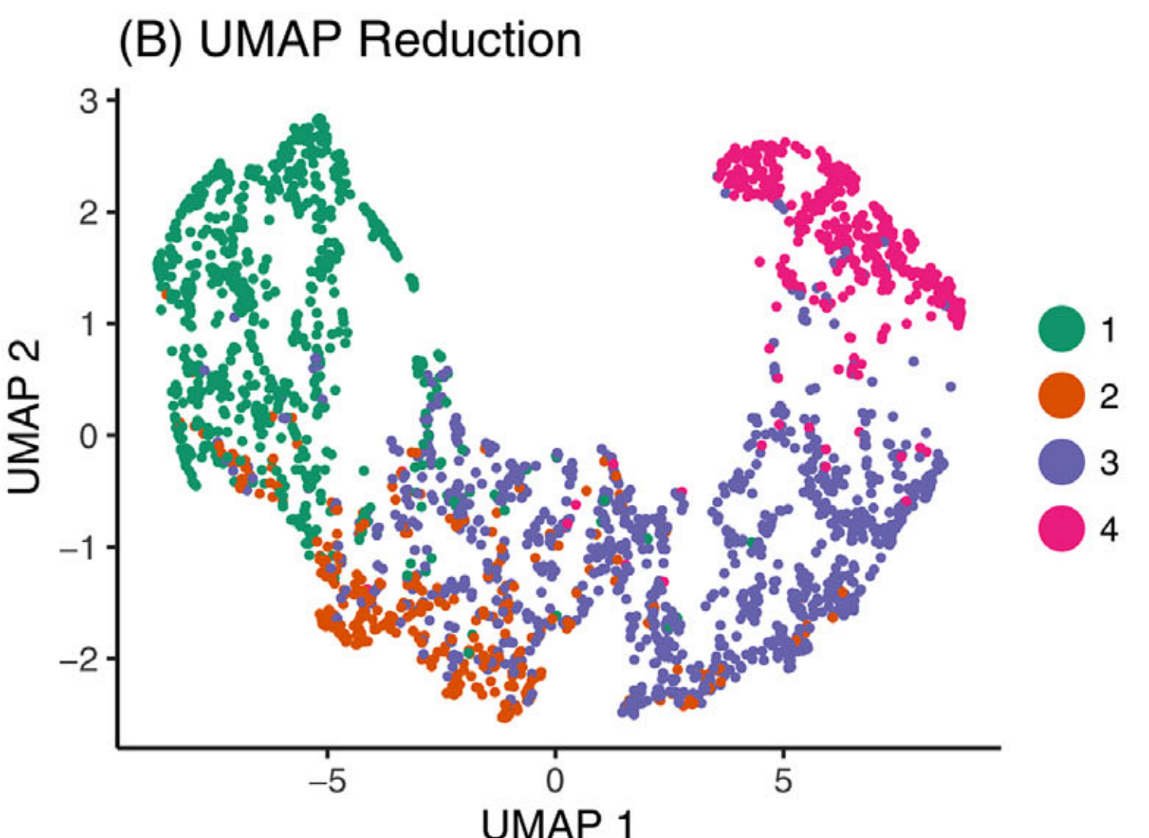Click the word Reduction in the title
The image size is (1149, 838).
[470, 40]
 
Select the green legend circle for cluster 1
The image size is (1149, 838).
[1061, 328]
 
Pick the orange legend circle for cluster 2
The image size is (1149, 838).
[1061, 396]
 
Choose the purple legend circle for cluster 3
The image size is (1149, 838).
[1061, 462]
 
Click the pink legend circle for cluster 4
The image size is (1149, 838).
[1061, 529]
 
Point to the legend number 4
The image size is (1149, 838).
[1109, 529]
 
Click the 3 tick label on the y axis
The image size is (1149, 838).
[89, 101]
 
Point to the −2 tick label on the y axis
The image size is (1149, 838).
[80, 658]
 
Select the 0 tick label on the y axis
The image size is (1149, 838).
[89, 435]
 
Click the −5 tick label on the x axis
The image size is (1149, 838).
[326, 781]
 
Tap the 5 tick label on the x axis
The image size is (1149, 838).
[782, 781]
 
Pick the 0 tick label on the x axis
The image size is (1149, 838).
[555, 781]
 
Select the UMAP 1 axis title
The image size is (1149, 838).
[558, 823]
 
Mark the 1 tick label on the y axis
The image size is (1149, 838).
[89, 324]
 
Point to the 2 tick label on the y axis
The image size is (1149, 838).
[89, 212]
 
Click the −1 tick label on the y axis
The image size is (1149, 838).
[80, 547]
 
